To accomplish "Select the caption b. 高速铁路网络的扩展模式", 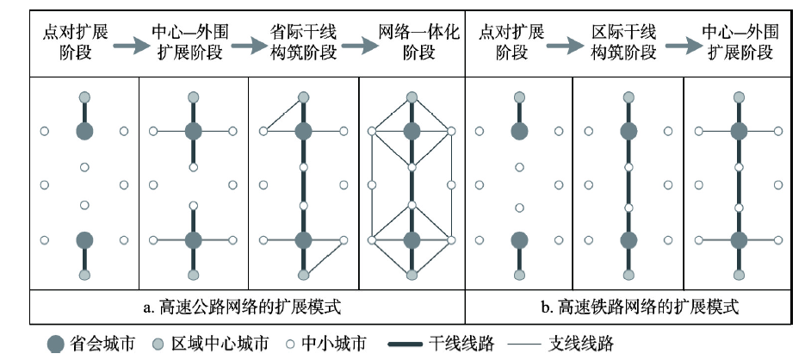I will point(637,307).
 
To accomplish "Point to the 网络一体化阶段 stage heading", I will point(412,41).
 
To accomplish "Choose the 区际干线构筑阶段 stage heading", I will point(625,41).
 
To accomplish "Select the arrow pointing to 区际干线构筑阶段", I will point(572,47).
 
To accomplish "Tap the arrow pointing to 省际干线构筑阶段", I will point(248,47).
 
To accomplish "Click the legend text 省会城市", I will point(101,344).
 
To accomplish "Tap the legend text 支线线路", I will point(580,344).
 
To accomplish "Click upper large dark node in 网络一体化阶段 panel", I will point(412,131).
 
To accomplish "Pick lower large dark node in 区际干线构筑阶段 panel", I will point(628,239).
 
